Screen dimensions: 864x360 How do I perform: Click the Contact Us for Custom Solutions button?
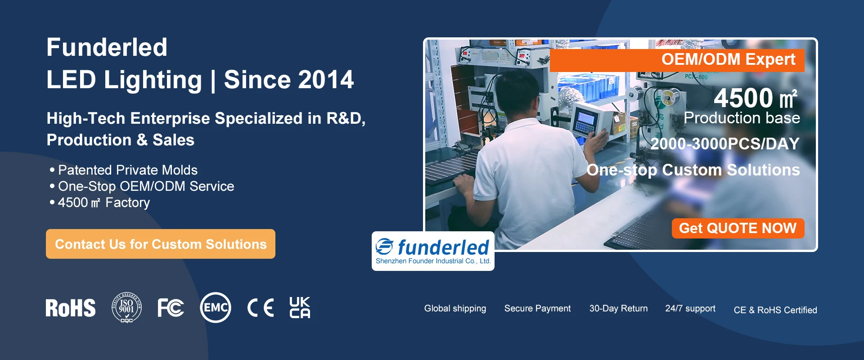point(161,244)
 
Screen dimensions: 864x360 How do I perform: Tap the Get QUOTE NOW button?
point(738,228)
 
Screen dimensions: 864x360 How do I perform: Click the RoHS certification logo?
point(71,308)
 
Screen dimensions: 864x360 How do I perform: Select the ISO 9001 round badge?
point(126,308)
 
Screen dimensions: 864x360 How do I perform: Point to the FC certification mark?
point(171,308)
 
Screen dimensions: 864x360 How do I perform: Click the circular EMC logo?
point(216,308)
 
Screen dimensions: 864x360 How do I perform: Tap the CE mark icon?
point(261,308)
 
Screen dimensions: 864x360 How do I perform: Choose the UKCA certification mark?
point(300,307)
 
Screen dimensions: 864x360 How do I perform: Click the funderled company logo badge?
point(433,251)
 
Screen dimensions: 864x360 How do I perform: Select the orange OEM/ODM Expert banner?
point(677,60)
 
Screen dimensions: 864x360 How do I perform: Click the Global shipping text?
point(455,309)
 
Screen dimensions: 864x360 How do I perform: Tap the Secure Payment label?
point(537,309)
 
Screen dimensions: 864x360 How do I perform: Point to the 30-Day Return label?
point(618,309)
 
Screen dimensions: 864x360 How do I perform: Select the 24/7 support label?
point(690,309)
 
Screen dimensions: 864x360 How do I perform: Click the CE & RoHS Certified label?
point(775,310)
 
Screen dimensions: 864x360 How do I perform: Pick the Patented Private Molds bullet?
point(124,170)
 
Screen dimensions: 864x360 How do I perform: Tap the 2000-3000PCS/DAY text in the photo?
point(725,144)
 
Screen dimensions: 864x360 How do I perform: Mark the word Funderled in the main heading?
point(107,47)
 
